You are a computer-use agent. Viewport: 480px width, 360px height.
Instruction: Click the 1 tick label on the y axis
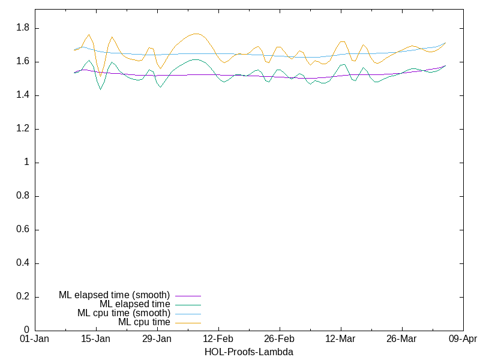pos(27,163)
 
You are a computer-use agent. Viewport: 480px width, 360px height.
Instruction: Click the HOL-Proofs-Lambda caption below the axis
pos(248,352)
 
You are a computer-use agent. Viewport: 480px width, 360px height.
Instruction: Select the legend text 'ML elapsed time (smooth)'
pos(115,295)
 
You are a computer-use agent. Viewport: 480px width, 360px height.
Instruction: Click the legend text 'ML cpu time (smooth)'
pos(124,313)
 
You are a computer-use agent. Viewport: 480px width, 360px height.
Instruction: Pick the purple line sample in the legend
pos(188,295)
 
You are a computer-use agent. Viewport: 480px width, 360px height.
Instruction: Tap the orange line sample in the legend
pos(188,322)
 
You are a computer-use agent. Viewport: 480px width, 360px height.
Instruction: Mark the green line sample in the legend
pos(188,304)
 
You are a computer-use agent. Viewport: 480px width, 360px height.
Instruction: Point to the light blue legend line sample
pos(188,313)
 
